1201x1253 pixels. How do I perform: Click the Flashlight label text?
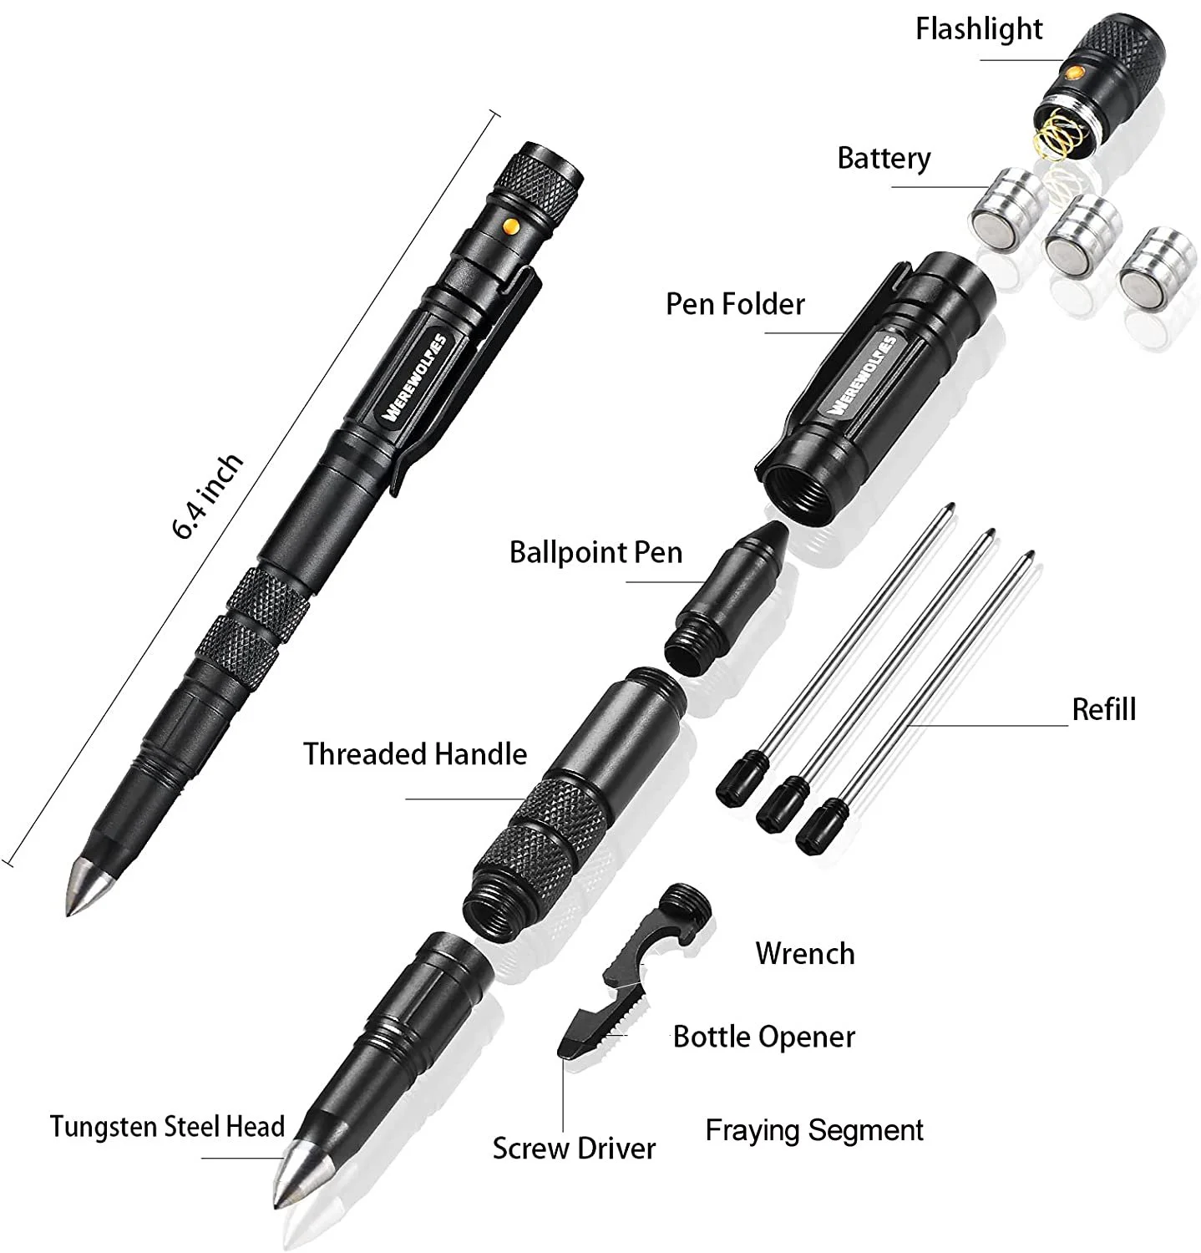click(x=978, y=30)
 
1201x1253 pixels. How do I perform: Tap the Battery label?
click(x=884, y=158)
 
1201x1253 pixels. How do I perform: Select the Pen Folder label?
click(x=734, y=304)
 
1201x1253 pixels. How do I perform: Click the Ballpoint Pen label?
click(x=595, y=552)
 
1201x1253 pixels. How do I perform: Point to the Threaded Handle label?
click(x=414, y=753)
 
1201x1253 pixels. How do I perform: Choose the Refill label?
click(x=1103, y=709)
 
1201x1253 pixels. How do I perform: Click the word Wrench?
click(x=804, y=953)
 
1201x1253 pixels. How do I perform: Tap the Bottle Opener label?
click(x=763, y=1037)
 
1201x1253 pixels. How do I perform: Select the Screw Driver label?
click(x=574, y=1148)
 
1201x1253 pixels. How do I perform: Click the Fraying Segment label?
click(x=814, y=1130)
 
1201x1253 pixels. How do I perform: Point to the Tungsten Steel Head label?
click(x=167, y=1126)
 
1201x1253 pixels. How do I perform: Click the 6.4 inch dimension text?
click(x=208, y=496)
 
